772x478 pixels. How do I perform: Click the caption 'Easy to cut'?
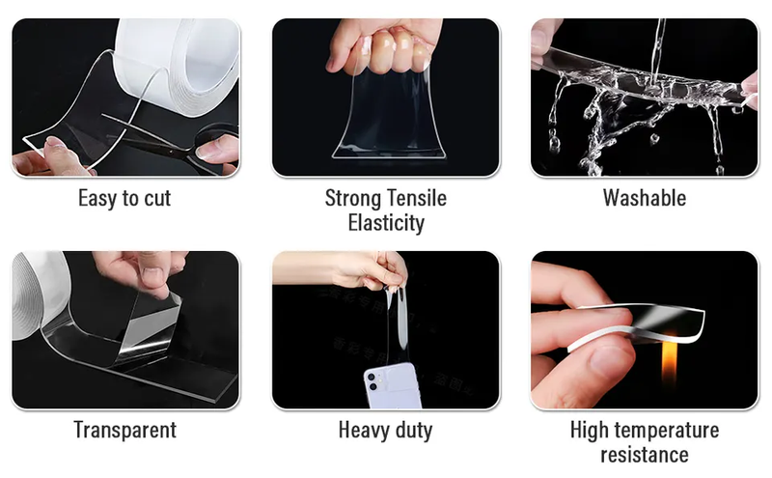coord(124,198)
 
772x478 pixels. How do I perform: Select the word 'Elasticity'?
coord(386,223)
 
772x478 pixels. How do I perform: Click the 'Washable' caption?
coord(645,198)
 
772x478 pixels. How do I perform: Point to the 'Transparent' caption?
coord(125,430)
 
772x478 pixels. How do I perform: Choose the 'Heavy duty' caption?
coord(385,430)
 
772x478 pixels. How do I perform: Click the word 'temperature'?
coord(668,431)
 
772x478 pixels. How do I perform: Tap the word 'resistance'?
coord(645,455)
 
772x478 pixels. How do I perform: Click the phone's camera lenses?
coord(372,381)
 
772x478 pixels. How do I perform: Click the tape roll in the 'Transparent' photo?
coord(37,295)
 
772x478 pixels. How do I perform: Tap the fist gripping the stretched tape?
coord(385,46)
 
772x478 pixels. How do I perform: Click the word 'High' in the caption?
coord(591,431)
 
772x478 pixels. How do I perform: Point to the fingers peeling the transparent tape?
coord(143,271)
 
